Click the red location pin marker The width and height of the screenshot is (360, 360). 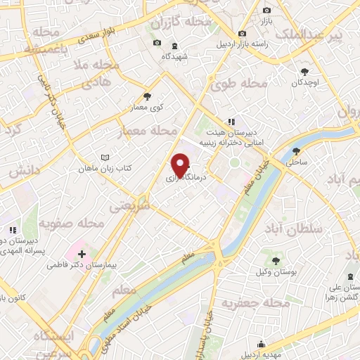click(x=181, y=165)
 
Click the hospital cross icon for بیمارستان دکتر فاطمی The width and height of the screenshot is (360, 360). click(x=82, y=254)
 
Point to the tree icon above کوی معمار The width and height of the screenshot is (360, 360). click(x=147, y=96)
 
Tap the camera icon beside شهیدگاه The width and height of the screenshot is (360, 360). click(x=156, y=44)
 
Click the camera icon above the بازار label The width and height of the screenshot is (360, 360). click(x=266, y=10)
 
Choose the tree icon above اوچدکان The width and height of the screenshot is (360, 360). click(x=304, y=71)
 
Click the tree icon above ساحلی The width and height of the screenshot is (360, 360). click(x=296, y=150)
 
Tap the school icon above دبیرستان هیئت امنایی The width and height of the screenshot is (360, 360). click(x=231, y=122)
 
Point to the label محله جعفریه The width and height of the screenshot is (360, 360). click(x=256, y=304)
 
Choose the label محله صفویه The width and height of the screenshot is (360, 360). click(x=71, y=224)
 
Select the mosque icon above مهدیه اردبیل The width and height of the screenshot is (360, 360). click(x=262, y=344)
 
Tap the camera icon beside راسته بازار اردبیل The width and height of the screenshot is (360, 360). click(x=243, y=33)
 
